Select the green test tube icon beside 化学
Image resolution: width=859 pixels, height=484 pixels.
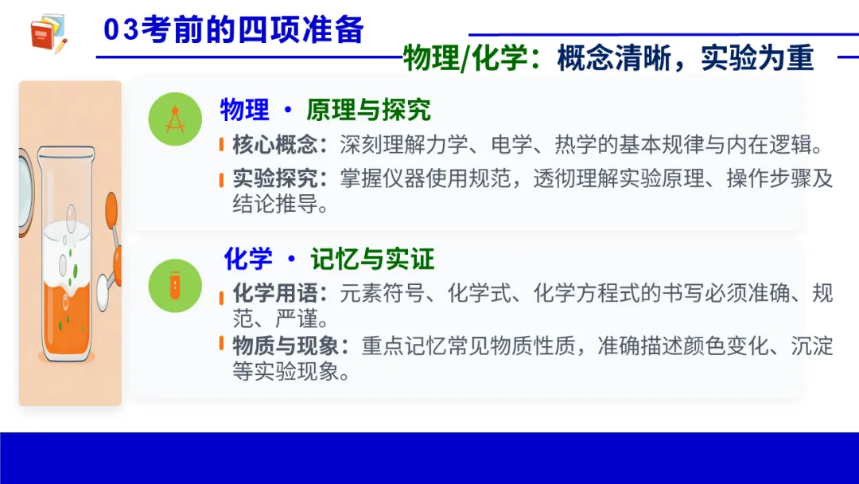pyautogui.click(x=175, y=284)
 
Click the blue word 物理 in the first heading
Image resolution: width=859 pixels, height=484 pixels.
pyautogui.click(x=244, y=111)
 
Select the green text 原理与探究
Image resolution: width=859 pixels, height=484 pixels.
pyautogui.click(x=368, y=111)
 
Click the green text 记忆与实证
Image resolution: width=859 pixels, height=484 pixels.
pyautogui.click(x=372, y=260)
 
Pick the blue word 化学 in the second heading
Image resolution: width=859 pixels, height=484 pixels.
pyautogui.click(x=247, y=260)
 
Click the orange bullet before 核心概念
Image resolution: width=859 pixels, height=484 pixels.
pyautogui.click(x=222, y=146)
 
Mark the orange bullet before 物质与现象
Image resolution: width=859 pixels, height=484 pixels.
pyautogui.click(x=222, y=344)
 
